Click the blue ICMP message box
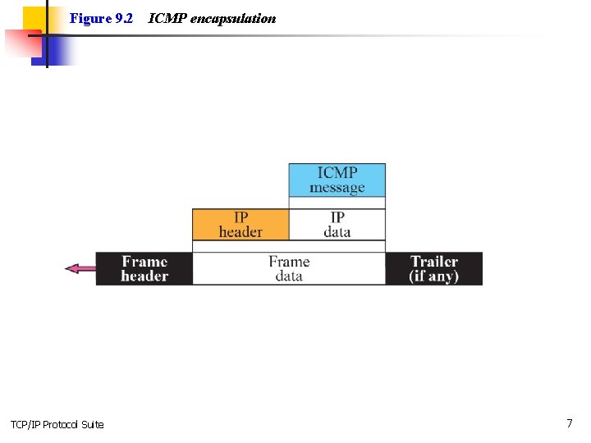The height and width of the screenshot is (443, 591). pos(337,180)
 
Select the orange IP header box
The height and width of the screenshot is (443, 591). pos(241,224)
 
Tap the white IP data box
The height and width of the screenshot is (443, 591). pos(337,224)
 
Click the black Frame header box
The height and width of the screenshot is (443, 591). pos(144,268)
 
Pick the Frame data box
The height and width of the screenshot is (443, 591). pos(289,268)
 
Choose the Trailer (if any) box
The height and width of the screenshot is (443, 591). pos(433,268)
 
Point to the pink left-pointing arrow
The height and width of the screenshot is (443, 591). pos(80,268)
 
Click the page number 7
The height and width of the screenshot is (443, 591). pos(569,423)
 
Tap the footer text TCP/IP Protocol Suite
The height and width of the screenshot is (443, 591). pos(57,424)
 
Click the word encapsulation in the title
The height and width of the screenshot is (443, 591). pos(233,18)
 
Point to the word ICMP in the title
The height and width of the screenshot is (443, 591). pos(167,18)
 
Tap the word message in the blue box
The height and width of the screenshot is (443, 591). pos(337,188)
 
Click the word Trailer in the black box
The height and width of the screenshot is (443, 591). pos(433,262)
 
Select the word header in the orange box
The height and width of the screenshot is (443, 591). pos(241,232)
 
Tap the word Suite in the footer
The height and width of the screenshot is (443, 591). pos(93,424)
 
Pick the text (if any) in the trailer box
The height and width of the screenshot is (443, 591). pos(433,276)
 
